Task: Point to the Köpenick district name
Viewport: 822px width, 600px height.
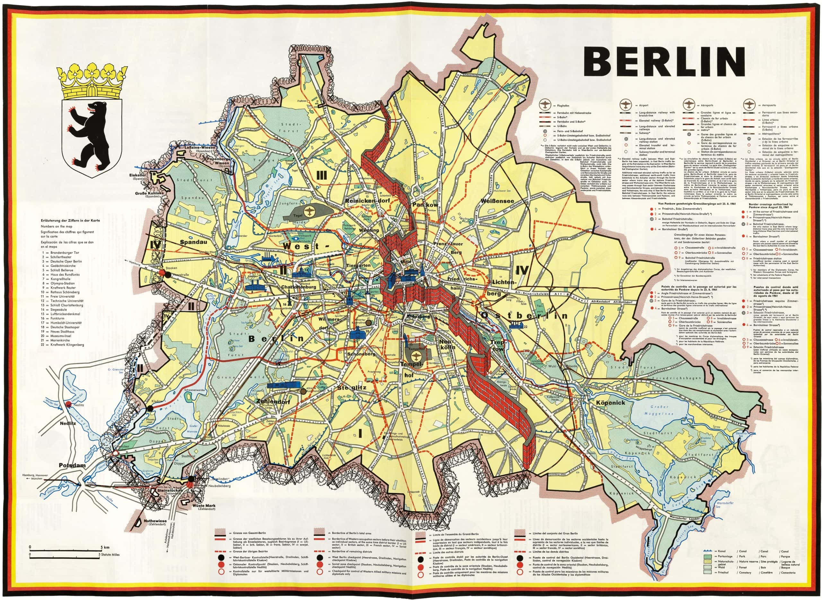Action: tap(611, 402)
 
